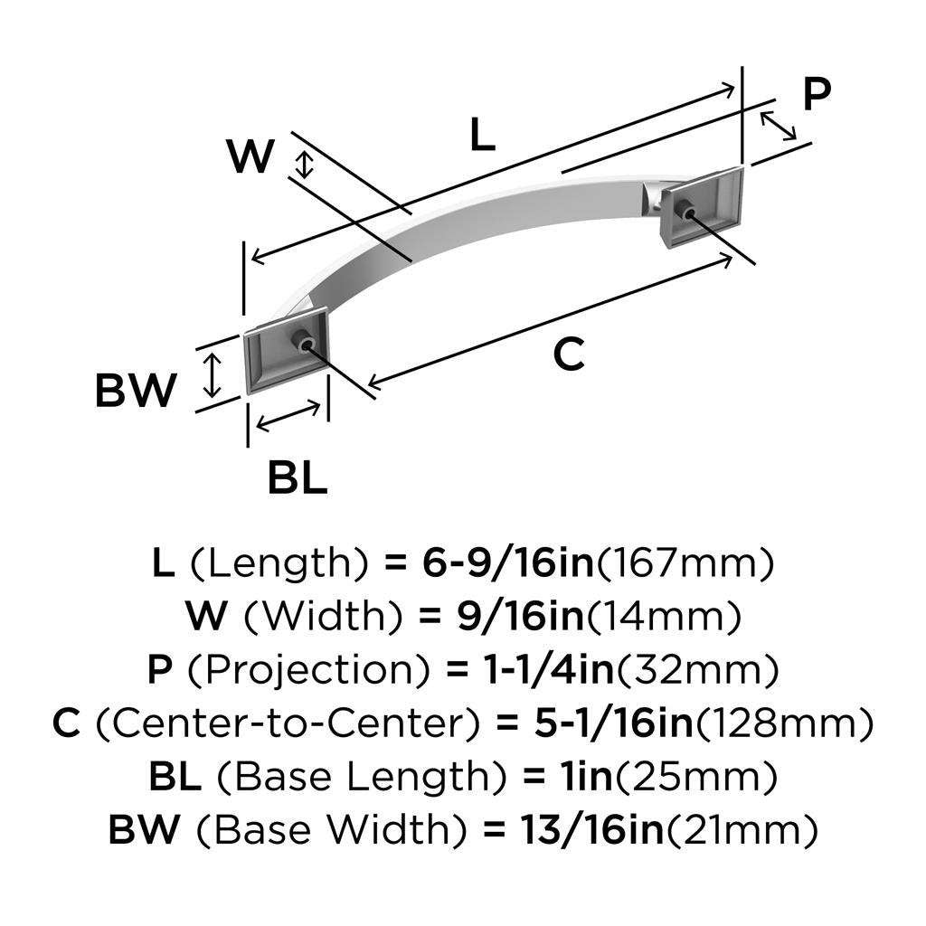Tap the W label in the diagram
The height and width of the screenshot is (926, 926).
250,157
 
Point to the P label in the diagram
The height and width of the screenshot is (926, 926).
817,95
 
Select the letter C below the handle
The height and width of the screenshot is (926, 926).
569,354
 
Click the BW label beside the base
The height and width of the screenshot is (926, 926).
136,392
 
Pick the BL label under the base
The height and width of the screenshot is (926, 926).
297,477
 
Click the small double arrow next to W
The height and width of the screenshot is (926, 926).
306,165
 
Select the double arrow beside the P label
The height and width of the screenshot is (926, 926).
779,126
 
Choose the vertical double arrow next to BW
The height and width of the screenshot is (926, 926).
212,373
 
